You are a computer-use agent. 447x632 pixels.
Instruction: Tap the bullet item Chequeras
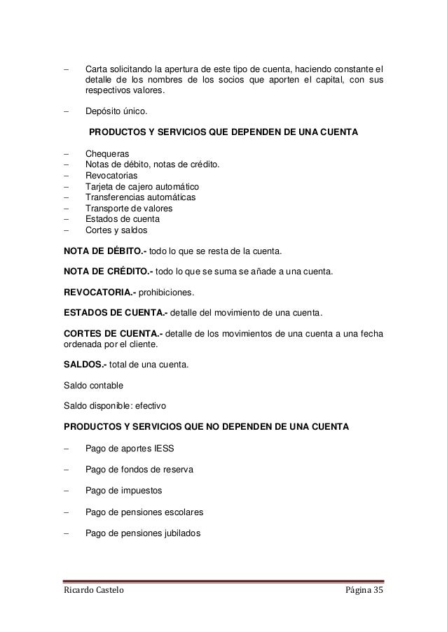[x=106, y=154]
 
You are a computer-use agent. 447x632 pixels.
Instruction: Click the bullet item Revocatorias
[x=111, y=176]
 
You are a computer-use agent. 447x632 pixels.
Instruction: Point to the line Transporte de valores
[x=128, y=208]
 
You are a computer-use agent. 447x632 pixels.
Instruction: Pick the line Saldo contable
[x=95, y=384]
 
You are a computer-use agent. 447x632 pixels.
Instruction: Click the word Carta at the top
[x=96, y=69]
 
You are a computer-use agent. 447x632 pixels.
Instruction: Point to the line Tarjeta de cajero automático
[x=142, y=186]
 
